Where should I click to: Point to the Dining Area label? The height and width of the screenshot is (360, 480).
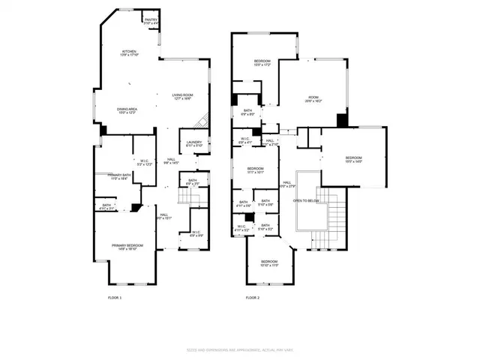(x=126, y=112)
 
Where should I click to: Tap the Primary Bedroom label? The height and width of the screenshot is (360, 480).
(x=127, y=247)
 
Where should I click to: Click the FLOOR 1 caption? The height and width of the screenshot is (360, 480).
(x=115, y=298)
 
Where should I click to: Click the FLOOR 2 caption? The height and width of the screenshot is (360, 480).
(x=253, y=298)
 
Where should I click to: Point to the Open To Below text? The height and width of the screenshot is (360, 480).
(x=306, y=201)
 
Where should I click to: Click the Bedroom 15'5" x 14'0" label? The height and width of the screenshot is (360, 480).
(x=353, y=160)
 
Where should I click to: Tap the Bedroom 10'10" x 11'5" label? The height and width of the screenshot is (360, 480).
(x=268, y=264)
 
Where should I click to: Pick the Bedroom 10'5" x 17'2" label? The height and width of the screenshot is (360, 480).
(x=262, y=63)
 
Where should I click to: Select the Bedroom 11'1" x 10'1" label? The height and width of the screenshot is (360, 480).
(x=256, y=170)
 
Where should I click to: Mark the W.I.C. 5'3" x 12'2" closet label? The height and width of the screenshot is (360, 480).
(x=145, y=163)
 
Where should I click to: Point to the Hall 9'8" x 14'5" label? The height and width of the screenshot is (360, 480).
(x=170, y=160)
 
